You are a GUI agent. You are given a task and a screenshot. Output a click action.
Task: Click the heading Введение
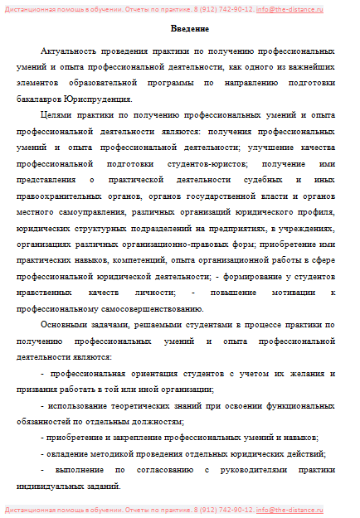pyautogui.click(x=180, y=31)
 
